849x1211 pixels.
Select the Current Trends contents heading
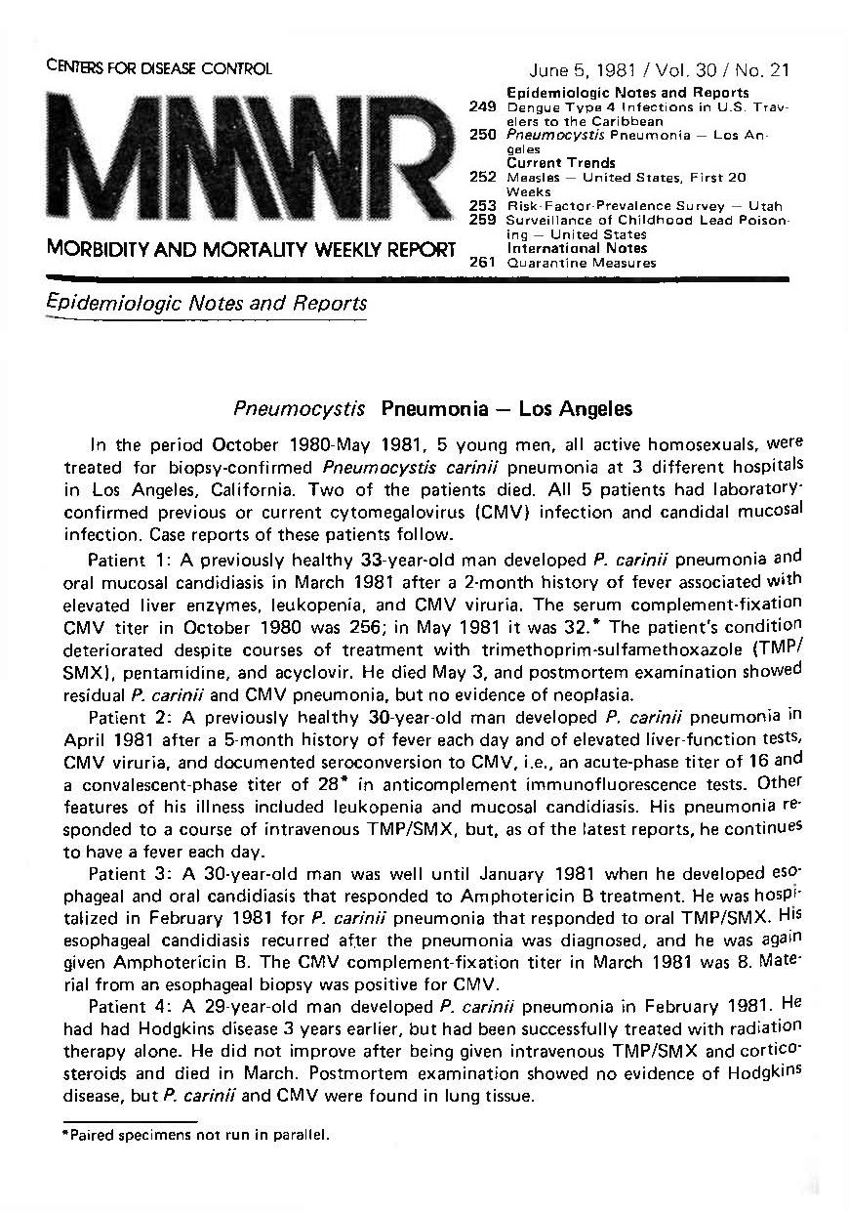point(561,163)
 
